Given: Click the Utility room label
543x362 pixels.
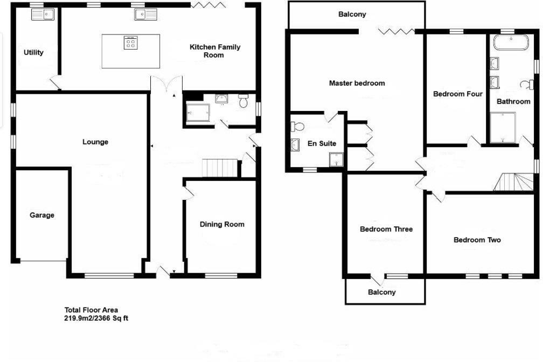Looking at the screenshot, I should (33, 53).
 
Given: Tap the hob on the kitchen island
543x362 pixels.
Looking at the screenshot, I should (130, 43).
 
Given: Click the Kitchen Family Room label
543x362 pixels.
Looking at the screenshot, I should (214, 51).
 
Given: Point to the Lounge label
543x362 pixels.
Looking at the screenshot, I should (95, 142).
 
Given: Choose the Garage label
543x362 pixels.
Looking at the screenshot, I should (42, 215).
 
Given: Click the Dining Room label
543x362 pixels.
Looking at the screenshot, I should (222, 225).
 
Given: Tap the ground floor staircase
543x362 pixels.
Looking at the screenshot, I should (219, 168).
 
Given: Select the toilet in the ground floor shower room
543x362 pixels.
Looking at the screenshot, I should (243, 100).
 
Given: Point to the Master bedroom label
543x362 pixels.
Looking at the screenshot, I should (357, 83).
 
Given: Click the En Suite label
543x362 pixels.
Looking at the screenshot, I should (322, 144).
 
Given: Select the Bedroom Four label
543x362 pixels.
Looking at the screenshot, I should (457, 94).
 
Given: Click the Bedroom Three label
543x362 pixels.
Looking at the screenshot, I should (386, 229).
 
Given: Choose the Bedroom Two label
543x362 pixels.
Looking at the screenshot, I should (477, 240).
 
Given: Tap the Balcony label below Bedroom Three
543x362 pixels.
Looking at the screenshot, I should (381, 293).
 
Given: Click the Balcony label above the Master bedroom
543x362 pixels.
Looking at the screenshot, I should (352, 15).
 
